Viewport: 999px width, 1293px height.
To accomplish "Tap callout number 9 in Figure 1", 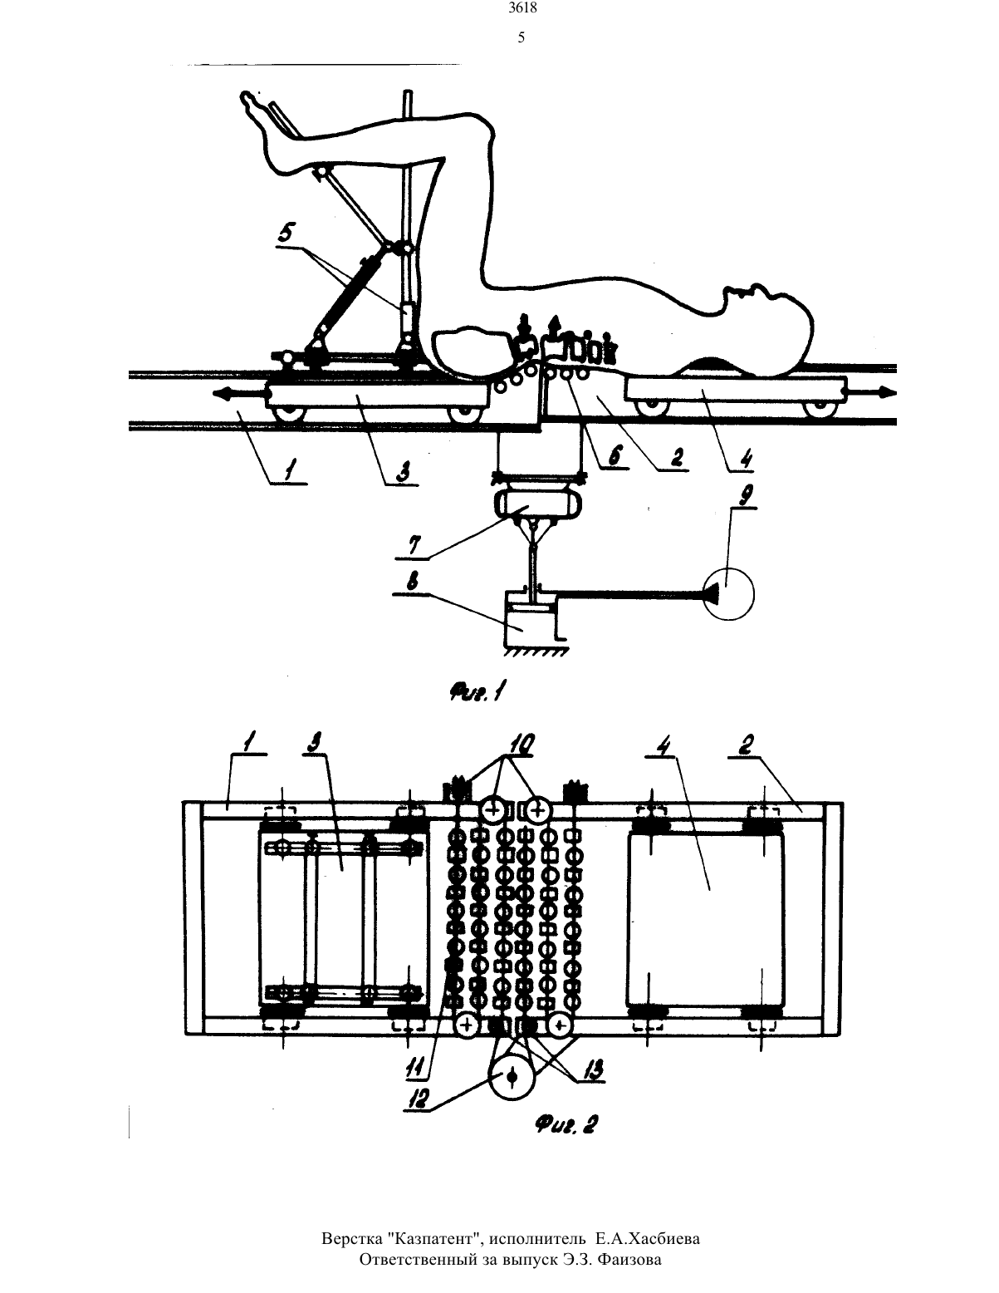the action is coord(745,494).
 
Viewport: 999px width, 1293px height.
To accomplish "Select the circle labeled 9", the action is coord(728,594).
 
